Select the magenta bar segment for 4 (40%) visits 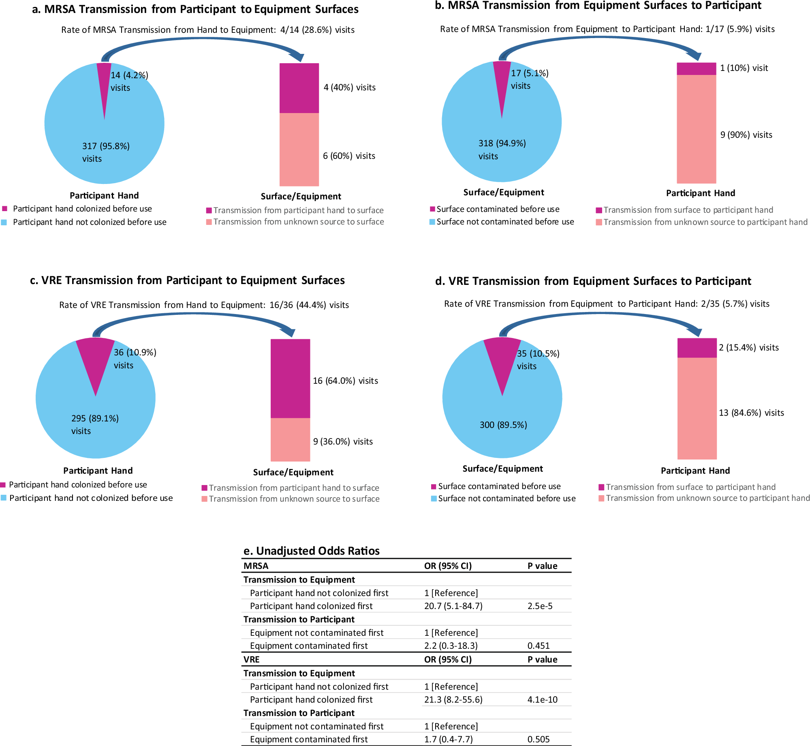299,88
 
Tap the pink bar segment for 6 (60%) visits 299,149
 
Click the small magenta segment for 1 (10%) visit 696,68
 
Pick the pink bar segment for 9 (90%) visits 696,129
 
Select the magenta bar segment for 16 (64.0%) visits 290,378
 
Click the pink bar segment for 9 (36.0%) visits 290,439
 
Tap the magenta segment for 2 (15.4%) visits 697,348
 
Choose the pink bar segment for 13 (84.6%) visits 697,408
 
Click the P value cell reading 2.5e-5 540,606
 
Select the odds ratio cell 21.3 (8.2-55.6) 453,699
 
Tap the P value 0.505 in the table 539,739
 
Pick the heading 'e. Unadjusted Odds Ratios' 311,551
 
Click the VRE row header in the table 252,659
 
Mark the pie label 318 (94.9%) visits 502,150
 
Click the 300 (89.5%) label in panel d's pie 503,425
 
